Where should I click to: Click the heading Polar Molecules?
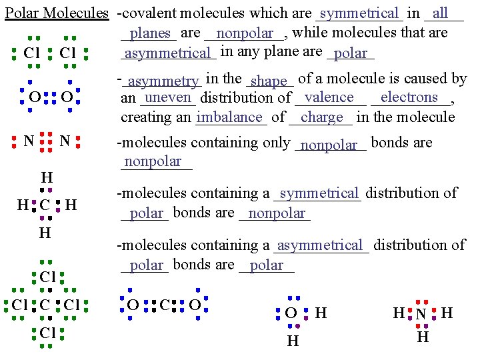[x=56, y=13]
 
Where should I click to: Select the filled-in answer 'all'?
[x=440, y=13]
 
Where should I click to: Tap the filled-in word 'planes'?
[x=151, y=33]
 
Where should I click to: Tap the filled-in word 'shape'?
[x=269, y=81]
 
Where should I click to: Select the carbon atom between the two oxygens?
[x=164, y=305]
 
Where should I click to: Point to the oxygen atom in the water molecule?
[x=291, y=313]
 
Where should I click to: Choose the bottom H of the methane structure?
[x=44, y=233]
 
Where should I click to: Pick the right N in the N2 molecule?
[x=65, y=141]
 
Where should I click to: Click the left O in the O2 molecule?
[x=33, y=98]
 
